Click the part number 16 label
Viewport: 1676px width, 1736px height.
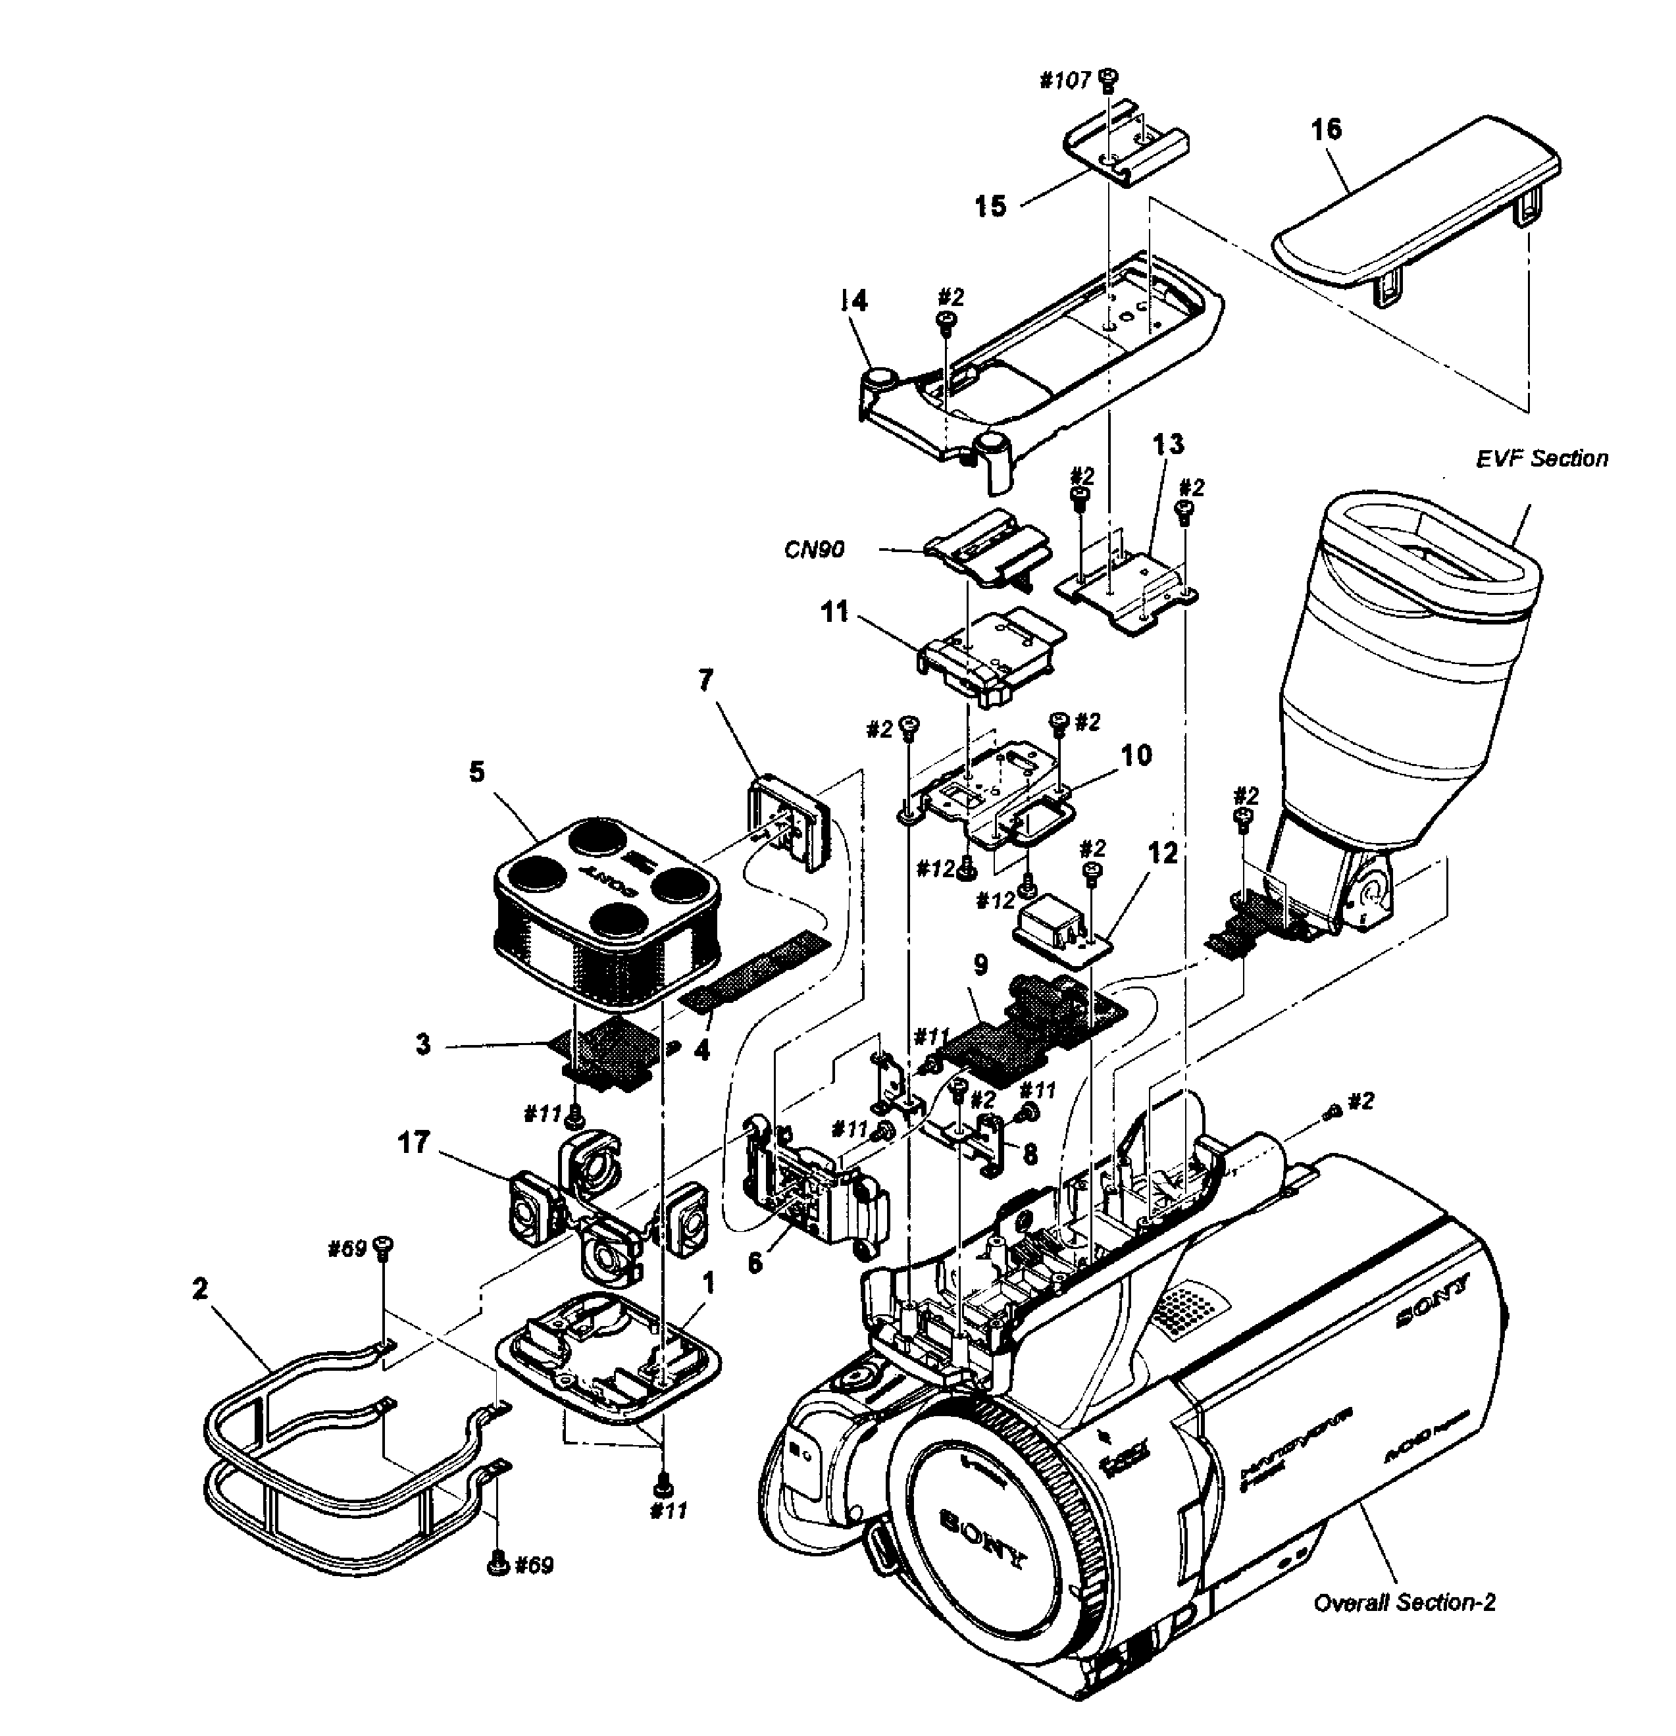[1326, 130]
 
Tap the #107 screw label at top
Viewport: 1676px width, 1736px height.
[1064, 80]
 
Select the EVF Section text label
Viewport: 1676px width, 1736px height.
[1541, 459]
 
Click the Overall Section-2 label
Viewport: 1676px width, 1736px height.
[1404, 1602]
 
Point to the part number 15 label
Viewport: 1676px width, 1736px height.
[991, 207]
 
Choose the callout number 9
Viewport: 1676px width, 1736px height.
[980, 965]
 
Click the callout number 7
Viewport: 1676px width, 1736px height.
[705, 680]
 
